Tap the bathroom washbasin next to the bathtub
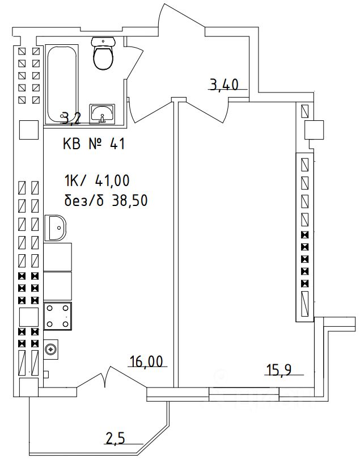coord(103,113)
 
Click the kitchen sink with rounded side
coord(57,228)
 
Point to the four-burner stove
coord(58,315)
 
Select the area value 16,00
coord(146,361)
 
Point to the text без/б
coord(84,200)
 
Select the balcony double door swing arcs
coord(106,376)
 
